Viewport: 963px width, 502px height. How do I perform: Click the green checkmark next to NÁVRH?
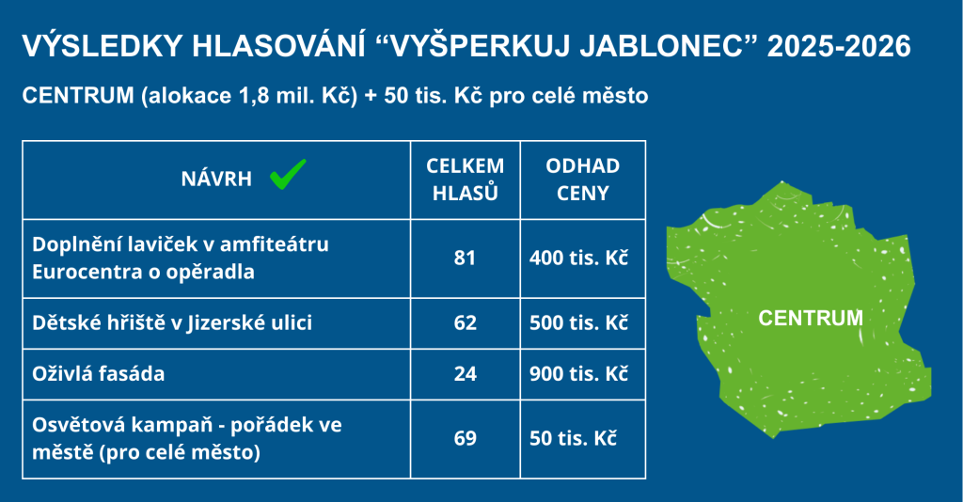coord(288,174)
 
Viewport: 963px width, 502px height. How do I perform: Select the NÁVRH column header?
coord(216,179)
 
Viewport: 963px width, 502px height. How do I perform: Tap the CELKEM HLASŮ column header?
coord(465,180)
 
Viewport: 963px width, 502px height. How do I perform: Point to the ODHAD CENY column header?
coord(582,180)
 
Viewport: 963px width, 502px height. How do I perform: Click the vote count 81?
coord(465,258)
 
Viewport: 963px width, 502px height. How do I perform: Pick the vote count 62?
coord(465,322)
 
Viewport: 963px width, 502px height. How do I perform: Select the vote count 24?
coord(465,374)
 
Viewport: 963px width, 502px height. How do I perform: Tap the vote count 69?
coord(465,438)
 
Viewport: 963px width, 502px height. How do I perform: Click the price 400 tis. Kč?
coord(578,258)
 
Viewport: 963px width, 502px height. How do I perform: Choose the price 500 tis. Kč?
coord(578,322)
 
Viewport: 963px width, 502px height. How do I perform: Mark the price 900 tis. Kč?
coord(578,374)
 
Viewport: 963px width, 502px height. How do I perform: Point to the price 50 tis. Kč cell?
coord(573,438)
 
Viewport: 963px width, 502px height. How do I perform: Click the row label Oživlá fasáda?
coord(98,374)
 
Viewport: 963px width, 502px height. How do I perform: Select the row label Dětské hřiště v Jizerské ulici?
coord(172,322)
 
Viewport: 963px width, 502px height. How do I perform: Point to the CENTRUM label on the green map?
coord(811,318)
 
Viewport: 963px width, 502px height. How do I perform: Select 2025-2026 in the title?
coord(839,47)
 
